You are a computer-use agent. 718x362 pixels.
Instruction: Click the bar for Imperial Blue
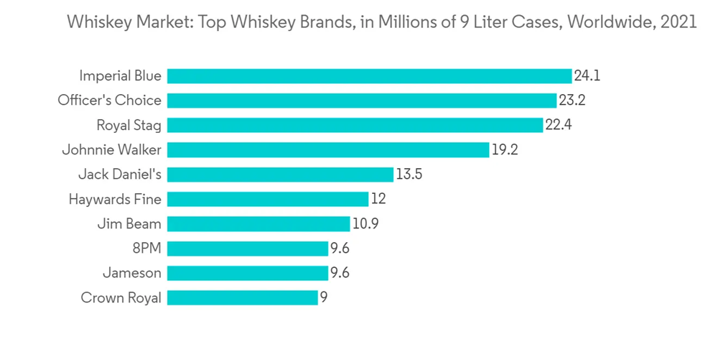pyautogui.click(x=369, y=76)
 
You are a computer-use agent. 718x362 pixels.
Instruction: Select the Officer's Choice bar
pyautogui.click(x=361, y=101)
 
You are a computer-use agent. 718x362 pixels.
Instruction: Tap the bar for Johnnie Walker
pyautogui.click(x=328, y=150)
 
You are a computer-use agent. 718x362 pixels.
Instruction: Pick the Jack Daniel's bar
pyautogui.click(x=280, y=175)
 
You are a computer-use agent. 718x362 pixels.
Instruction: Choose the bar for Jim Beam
pyautogui.click(x=258, y=224)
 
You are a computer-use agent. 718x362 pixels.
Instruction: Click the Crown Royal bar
pyautogui.click(x=242, y=297)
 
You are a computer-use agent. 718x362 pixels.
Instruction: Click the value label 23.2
pyautogui.click(x=572, y=101)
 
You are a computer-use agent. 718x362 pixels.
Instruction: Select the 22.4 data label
pyautogui.click(x=558, y=125)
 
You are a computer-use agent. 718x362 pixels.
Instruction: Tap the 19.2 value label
pyautogui.click(x=505, y=150)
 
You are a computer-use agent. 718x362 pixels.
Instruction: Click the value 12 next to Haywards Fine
pyautogui.click(x=378, y=199)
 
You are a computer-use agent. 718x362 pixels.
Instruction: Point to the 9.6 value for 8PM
pyautogui.click(x=340, y=249)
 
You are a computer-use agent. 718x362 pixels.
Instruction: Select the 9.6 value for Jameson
pyautogui.click(x=340, y=273)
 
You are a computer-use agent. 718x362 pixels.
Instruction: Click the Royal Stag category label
pyautogui.click(x=129, y=125)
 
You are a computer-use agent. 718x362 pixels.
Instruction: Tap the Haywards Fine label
pyautogui.click(x=115, y=199)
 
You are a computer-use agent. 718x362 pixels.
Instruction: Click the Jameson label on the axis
pyautogui.click(x=132, y=273)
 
